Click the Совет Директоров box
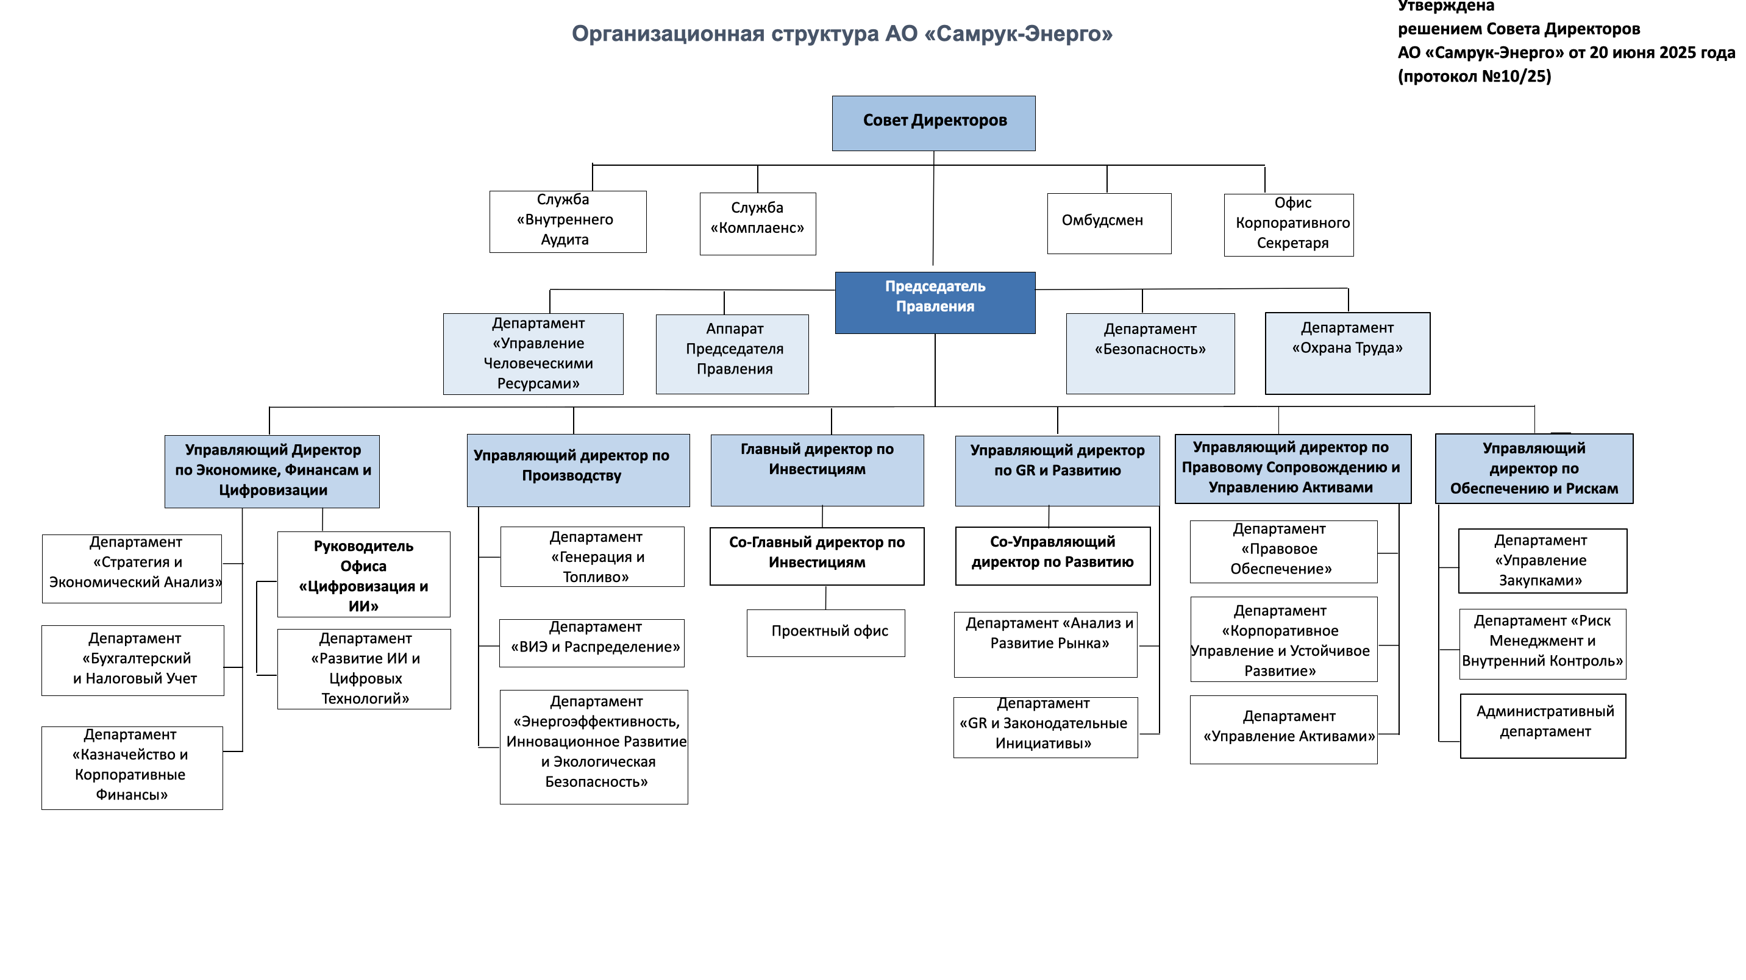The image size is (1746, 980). click(933, 122)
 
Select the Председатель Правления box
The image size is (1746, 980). click(935, 302)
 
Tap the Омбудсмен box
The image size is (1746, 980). click(1109, 223)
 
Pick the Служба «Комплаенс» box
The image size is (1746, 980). click(757, 223)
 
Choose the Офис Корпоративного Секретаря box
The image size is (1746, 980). click(1289, 224)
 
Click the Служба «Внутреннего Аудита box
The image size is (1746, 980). click(568, 221)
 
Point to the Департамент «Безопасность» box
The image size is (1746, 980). click(1150, 353)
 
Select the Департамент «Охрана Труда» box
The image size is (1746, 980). click(1347, 352)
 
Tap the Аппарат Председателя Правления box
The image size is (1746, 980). click(732, 353)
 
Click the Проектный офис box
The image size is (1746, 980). click(825, 633)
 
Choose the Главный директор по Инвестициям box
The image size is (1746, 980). click(817, 470)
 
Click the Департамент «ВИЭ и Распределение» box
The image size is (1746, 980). click(592, 642)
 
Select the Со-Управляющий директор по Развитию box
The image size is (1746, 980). click(1052, 555)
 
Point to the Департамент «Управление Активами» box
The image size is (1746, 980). click(1283, 730)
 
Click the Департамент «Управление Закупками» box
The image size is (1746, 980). click(1542, 561)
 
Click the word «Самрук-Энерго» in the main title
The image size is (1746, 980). click(1018, 34)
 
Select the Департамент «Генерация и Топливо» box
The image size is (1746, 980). click(592, 556)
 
